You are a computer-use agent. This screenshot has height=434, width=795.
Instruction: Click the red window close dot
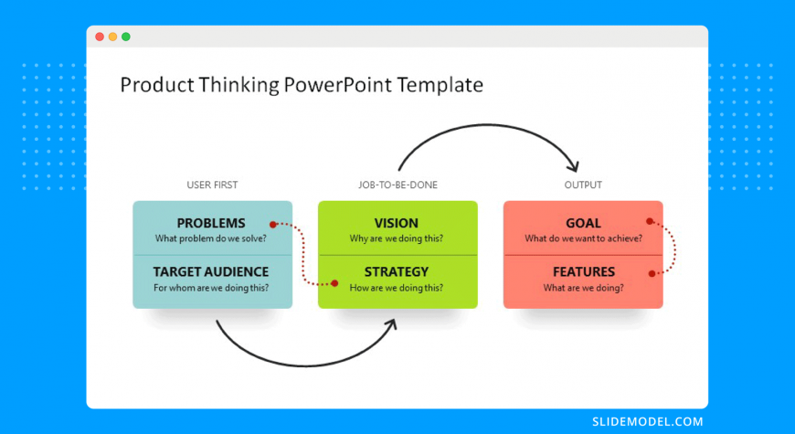[100, 37]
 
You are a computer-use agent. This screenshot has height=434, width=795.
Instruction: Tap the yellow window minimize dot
[112, 37]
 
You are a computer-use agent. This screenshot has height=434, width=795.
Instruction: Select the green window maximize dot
[126, 37]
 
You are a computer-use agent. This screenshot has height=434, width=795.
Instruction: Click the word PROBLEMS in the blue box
[211, 223]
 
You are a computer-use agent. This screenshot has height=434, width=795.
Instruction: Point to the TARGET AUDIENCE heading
[211, 271]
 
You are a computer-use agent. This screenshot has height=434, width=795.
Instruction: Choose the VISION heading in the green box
[397, 223]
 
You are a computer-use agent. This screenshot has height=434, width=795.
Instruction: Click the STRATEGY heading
[397, 271]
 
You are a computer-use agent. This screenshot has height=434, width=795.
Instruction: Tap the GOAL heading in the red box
[583, 223]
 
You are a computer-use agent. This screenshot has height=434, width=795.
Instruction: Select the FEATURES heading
[584, 271]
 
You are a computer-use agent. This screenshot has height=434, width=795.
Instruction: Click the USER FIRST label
[212, 185]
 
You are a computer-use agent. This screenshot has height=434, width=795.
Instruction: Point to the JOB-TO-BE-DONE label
[397, 185]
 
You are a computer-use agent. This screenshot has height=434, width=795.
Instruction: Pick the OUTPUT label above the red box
[583, 185]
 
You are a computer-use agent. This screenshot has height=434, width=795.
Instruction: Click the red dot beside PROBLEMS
[273, 224]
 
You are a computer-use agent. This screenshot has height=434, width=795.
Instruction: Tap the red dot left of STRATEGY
[334, 283]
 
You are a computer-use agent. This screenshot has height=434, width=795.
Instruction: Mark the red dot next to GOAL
[650, 221]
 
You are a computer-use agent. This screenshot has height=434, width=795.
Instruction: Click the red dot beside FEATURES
[652, 274]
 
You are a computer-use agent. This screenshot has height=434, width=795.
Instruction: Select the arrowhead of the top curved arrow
[574, 165]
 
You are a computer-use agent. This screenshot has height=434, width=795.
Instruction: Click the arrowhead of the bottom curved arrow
[391, 324]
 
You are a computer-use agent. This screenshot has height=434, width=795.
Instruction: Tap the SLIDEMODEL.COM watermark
[648, 421]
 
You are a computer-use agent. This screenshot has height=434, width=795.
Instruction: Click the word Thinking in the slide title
[238, 85]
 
